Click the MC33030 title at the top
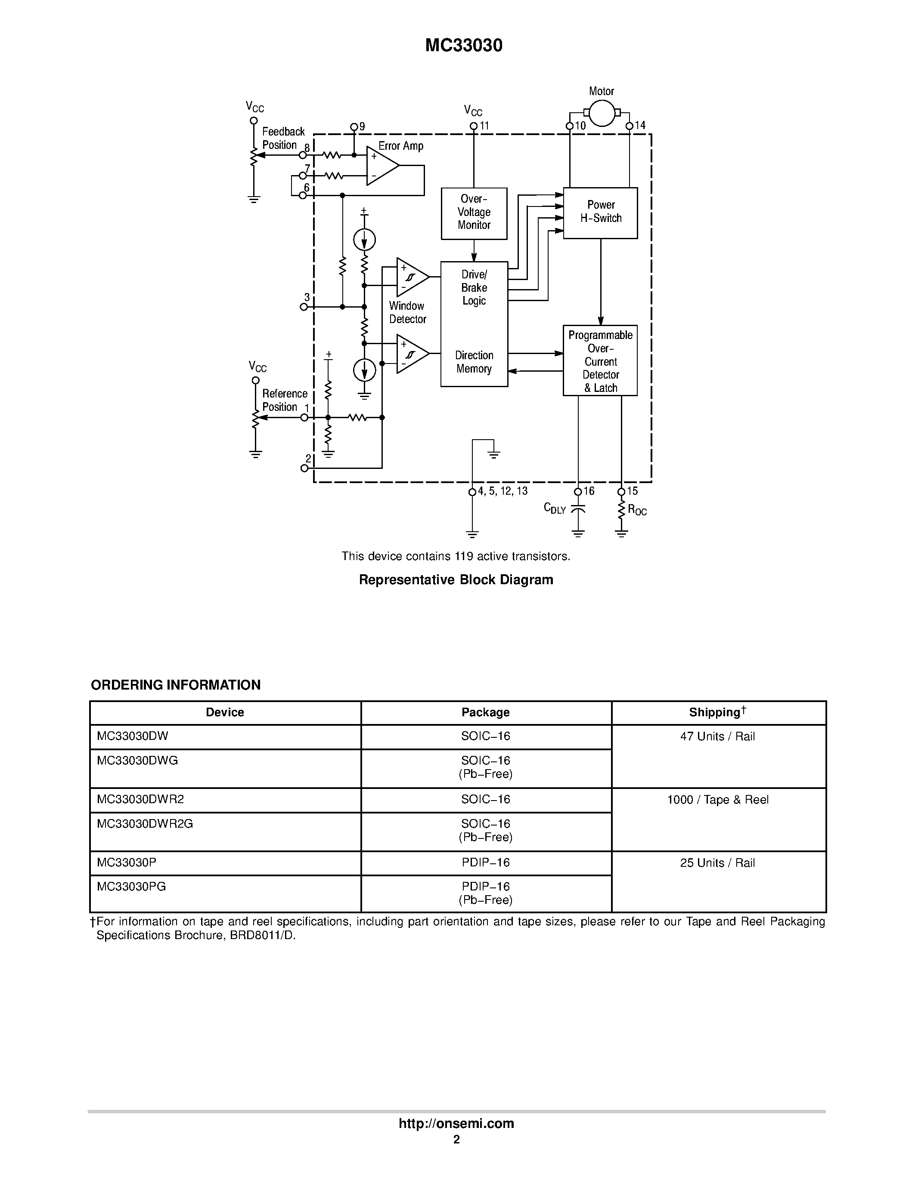pos(463,46)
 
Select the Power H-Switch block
pos(600,213)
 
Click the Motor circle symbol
pos(602,113)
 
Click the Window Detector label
pos(407,313)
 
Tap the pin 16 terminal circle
pos(578,492)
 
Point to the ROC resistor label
pos(637,510)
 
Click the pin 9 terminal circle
pos(354,127)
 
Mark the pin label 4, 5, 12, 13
pos(502,491)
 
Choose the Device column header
pos(225,712)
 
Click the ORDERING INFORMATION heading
pos(176,685)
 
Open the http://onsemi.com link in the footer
pos(456,1123)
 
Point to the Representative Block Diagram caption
pos(456,579)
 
